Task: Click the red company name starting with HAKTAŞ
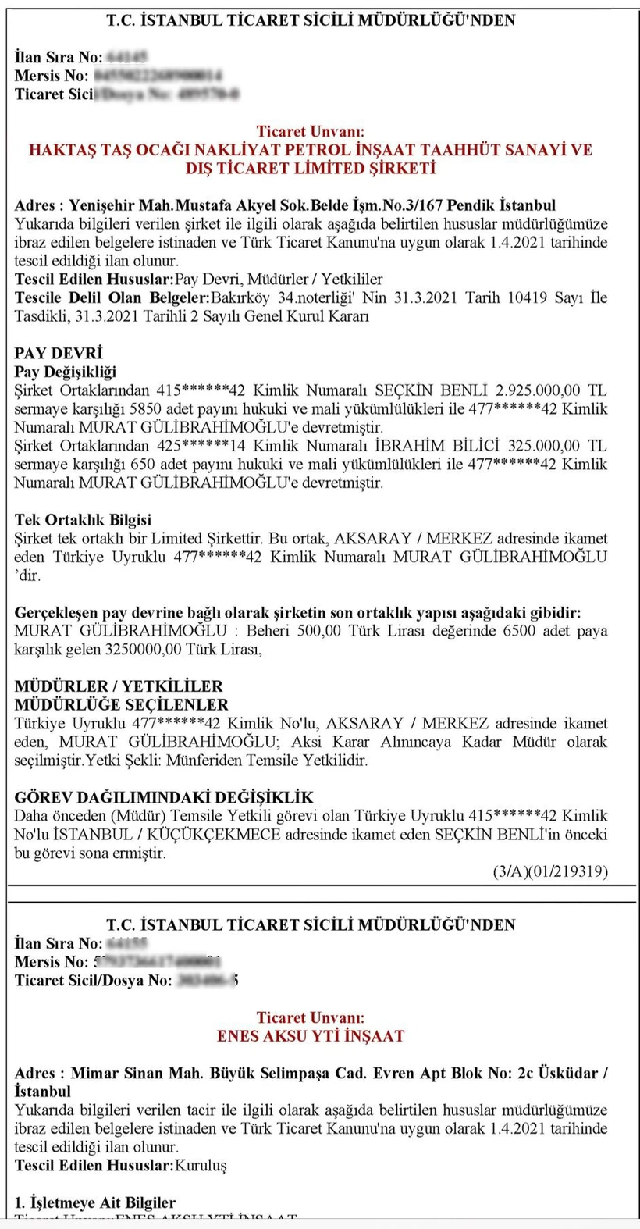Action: [x=311, y=159]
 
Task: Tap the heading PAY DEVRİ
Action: [x=59, y=353]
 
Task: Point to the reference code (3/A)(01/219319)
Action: [x=550, y=871]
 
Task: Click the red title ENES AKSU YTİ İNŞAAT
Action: [x=311, y=1036]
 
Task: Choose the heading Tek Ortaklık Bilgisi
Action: [x=83, y=520]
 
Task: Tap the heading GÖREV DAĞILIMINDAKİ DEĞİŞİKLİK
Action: [x=164, y=797]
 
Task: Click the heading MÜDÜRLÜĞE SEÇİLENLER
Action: [x=121, y=704]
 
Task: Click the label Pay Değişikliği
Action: [x=65, y=372]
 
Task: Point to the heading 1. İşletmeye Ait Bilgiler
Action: [x=94, y=1202]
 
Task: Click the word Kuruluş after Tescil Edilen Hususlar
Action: [x=201, y=1165]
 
